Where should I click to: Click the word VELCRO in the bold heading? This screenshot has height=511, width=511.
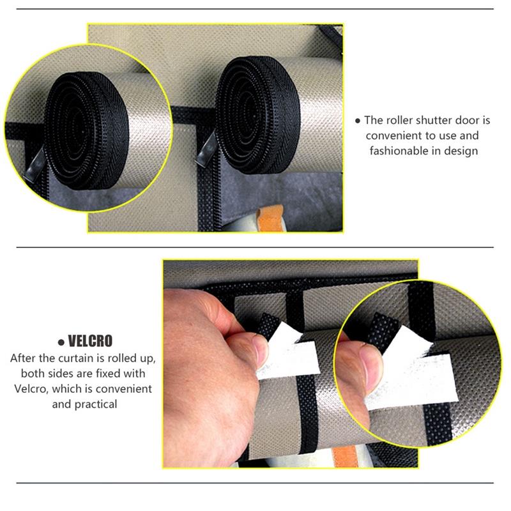(x=90, y=341)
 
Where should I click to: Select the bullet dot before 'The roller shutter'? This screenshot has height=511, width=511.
(x=358, y=121)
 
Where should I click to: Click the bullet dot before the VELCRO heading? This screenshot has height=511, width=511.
(x=61, y=342)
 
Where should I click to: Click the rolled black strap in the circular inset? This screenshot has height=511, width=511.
(x=86, y=130)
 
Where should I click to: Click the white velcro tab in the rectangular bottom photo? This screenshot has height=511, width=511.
(x=287, y=354)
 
